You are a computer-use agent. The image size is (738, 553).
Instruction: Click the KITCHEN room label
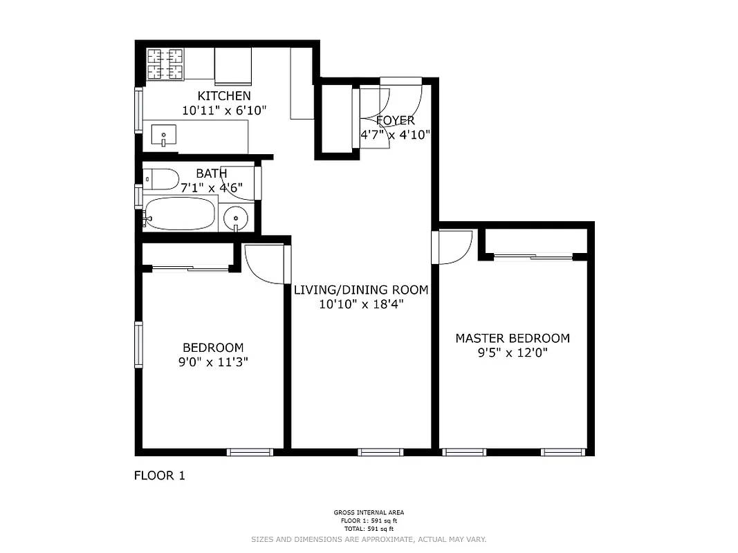224,96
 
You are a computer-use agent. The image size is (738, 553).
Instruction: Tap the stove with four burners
165,64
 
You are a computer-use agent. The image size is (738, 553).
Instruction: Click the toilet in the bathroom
160,180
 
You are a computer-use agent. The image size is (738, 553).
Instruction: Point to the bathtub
181,214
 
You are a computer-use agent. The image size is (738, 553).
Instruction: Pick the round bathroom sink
237,218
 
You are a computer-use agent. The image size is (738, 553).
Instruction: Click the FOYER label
396,121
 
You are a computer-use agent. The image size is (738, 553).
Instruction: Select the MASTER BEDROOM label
512,338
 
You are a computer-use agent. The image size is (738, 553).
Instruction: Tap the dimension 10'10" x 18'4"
361,303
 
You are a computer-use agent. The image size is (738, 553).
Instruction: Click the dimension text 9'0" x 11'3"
213,362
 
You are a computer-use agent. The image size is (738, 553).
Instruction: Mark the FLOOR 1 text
159,476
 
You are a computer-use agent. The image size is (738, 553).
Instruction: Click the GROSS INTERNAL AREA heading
369,513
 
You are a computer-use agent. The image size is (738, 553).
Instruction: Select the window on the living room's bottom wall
380,452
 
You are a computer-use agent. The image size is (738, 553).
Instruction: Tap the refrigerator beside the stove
232,66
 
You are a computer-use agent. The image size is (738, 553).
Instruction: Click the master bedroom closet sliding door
533,257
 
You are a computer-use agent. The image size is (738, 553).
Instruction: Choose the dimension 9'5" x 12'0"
512,353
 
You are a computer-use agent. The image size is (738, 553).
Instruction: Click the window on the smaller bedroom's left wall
139,344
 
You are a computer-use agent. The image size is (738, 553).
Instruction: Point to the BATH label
211,174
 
